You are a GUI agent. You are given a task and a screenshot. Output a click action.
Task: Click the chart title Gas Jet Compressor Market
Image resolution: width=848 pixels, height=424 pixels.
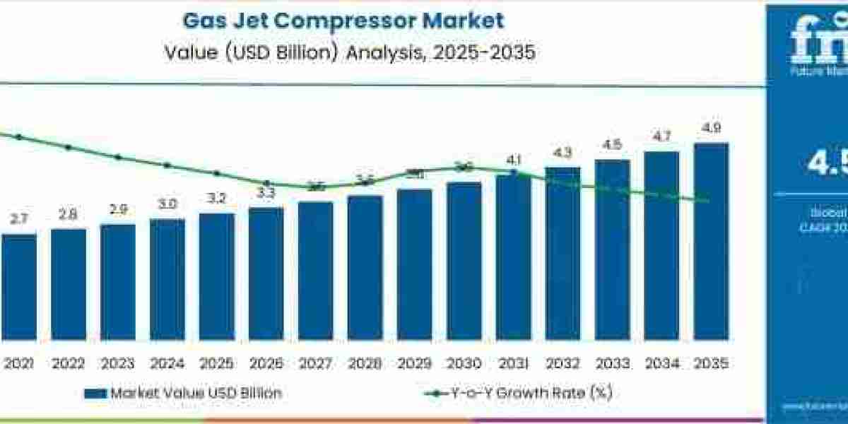pyautogui.click(x=343, y=20)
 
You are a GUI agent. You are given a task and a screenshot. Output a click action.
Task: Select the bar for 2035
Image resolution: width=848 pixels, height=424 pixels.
pyautogui.click(x=711, y=240)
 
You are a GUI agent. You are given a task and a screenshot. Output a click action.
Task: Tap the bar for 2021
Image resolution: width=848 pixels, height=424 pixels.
pyautogui.click(x=19, y=286)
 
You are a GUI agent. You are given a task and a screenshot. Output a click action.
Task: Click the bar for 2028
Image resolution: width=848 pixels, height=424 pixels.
pyautogui.click(x=365, y=267)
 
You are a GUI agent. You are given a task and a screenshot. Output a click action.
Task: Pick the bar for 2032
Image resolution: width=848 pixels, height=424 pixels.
pyautogui.click(x=563, y=253)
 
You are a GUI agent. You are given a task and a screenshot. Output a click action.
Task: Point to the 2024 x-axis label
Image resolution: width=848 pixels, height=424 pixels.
pyautogui.click(x=167, y=365)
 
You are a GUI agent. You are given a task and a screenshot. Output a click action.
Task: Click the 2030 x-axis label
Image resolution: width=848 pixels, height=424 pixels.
pyautogui.click(x=464, y=365)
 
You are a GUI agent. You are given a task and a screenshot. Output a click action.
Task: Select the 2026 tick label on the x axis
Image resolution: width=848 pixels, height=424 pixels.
pyautogui.click(x=266, y=365)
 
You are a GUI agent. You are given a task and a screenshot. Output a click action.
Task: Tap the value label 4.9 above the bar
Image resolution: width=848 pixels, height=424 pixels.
pyautogui.click(x=711, y=129)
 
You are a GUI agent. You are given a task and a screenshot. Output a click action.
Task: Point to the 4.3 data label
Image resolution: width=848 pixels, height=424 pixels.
pyautogui.click(x=563, y=153)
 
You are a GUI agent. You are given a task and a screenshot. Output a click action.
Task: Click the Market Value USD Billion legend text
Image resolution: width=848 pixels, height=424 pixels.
pyautogui.click(x=195, y=394)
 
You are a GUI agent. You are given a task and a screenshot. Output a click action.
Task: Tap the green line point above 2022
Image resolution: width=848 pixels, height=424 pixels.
pyautogui.click(x=69, y=148)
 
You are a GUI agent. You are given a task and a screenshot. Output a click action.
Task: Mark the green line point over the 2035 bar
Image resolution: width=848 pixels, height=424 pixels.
pyautogui.click(x=707, y=201)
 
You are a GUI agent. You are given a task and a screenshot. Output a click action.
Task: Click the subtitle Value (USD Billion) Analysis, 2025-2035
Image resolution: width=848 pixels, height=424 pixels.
pyautogui.click(x=343, y=54)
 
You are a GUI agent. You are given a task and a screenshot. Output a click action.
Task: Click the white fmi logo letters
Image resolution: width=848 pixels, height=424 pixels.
pyautogui.click(x=820, y=39)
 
